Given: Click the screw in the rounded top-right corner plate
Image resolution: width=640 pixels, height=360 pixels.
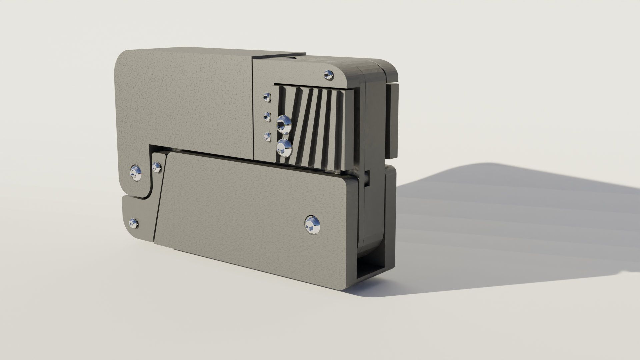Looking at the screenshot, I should click(x=329, y=75).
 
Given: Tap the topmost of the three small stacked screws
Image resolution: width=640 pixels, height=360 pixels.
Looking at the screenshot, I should click(x=266, y=97).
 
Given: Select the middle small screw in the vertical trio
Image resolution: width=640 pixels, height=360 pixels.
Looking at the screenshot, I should click(x=267, y=117).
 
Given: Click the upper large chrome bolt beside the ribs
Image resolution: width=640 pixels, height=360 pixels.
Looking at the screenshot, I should click(x=284, y=124).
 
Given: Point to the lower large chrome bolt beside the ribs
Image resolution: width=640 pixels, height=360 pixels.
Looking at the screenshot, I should click(x=284, y=148).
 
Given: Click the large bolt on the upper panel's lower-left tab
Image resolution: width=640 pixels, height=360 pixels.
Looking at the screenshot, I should click(x=136, y=172).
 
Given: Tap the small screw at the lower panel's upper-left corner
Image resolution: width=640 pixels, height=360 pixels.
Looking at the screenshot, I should click(x=157, y=167).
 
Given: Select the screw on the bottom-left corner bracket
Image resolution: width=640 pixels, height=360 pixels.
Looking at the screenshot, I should click(x=134, y=223).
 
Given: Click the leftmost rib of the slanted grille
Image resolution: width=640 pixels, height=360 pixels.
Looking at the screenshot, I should click(x=283, y=100).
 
